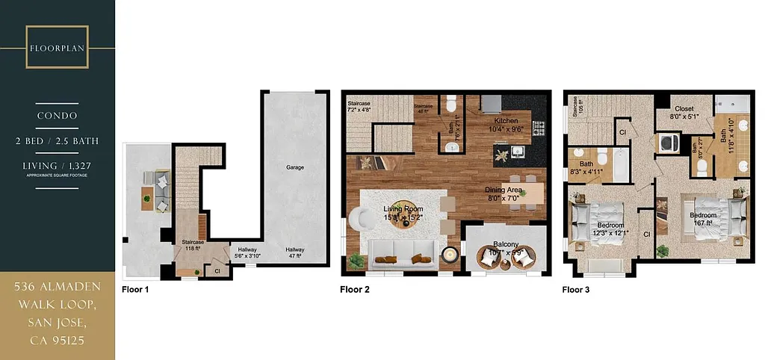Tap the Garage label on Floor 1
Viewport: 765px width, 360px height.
(295, 167)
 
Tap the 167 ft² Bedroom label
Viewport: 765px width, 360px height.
(701, 217)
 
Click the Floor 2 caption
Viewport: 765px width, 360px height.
(354, 289)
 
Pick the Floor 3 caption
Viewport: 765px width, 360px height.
(577, 289)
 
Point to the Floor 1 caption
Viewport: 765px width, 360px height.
(135, 289)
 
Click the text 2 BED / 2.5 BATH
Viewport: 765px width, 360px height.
(58, 140)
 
